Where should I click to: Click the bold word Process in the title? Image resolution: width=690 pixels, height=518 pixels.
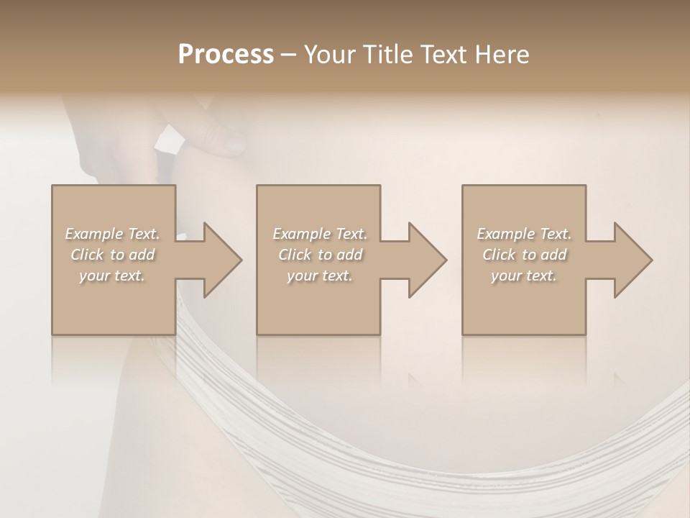click(226, 55)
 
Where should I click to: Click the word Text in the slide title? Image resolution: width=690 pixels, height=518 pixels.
click(446, 55)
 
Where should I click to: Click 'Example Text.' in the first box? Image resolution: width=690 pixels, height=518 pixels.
click(112, 234)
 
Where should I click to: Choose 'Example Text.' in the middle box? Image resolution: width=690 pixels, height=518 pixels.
click(319, 234)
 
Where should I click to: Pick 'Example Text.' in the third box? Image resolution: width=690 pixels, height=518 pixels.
click(524, 234)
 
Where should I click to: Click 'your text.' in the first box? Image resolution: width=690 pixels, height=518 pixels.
click(112, 276)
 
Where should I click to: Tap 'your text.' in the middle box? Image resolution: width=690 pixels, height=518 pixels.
click(319, 276)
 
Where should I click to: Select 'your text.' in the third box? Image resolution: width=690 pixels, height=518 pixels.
click(524, 276)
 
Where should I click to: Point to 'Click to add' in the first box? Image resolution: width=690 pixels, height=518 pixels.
click(112, 255)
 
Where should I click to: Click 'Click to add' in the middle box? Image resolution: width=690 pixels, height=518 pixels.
click(319, 255)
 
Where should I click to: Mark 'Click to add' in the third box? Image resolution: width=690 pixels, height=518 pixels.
click(524, 255)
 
